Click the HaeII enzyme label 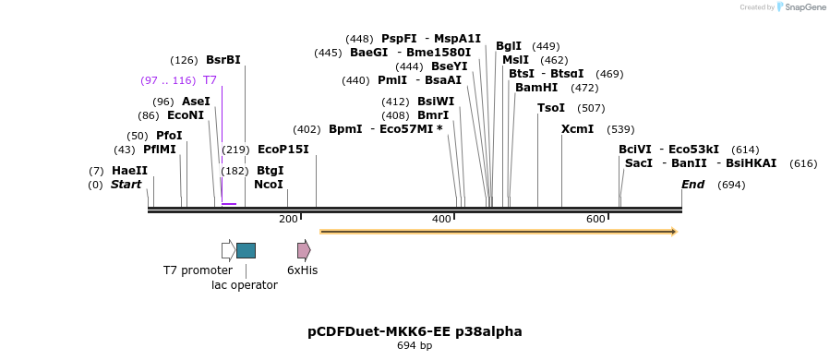pyautogui.click(x=129, y=171)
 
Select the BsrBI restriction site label pyautogui.click(x=223, y=60)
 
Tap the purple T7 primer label pyautogui.click(x=210, y=80)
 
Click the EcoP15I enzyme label pyautogui.click(x=283, y=150)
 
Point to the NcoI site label pyautogui.click(x=268, y=185)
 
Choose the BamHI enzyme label pyautogui.click(x=536, y=88)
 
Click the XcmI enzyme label pyautogui.click(x=577, y=129)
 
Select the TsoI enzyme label pyautogui.click(x=551, y=108)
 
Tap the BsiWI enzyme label pyautogui.click(x=436, y=102)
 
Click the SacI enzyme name pyautogui.click(x=639, y=163)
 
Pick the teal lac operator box pyautogui.click(x=246, y=250)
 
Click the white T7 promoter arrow pyautogui.click(x=228, y=250)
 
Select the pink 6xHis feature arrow pyautogui.click(x=304, y=250)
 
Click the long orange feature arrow pyautogui.click(x=498, y=232)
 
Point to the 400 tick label pyautogui.click(x=441, y=219)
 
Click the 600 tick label pyautogui.click(x=595, y=219)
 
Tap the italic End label pyautogui.click(x=692, y=185)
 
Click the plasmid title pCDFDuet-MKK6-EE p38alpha pyautogui.click(x=415, y=331)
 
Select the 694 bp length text pyautogui.click(x=415, y=346)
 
